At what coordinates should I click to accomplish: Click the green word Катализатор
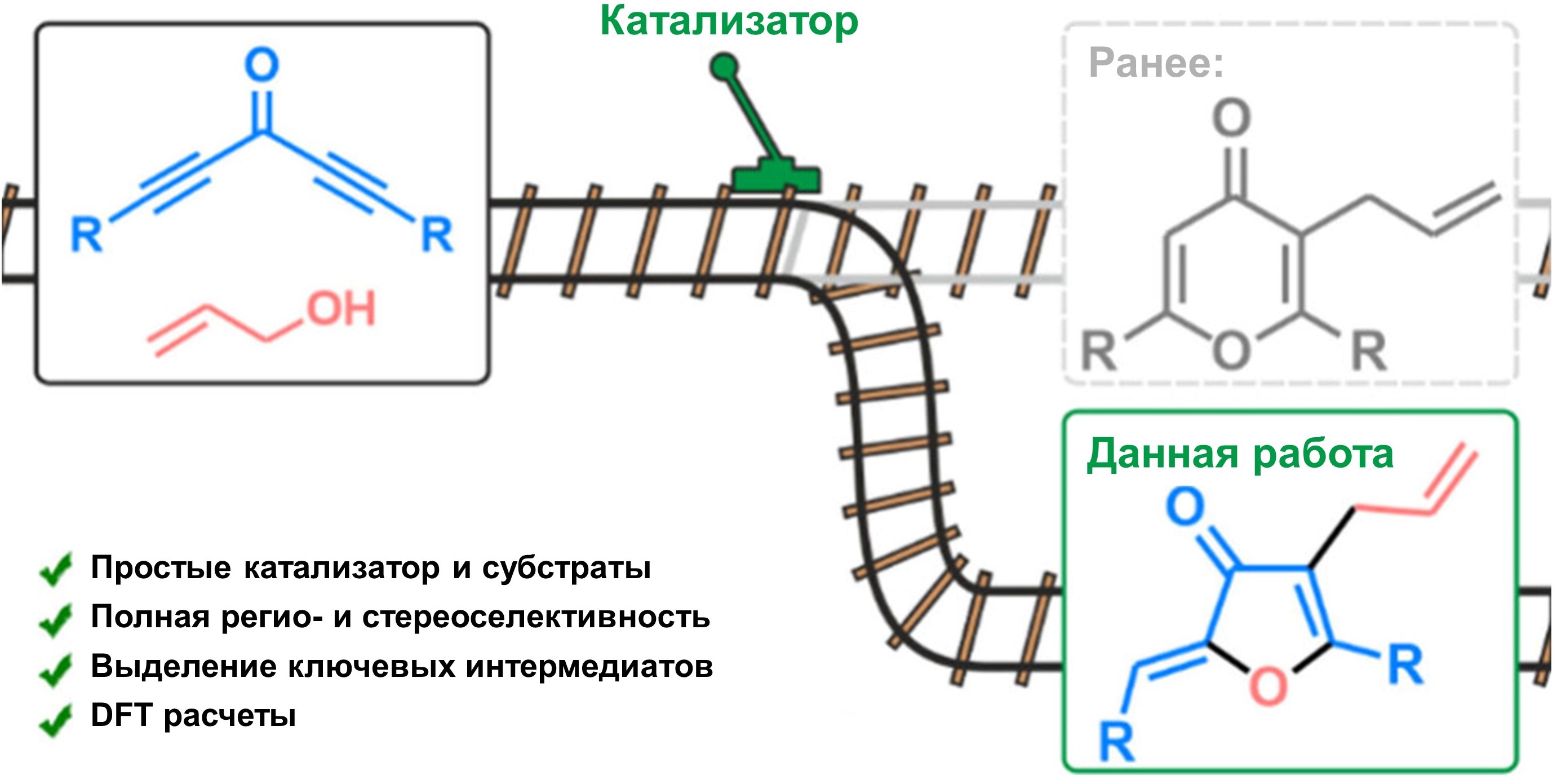point(729,22)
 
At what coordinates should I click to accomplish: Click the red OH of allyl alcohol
point(341,309)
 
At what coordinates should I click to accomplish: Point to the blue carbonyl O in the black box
point(261,64)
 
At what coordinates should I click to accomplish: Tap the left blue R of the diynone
point(86,235)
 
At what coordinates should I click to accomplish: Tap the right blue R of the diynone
point(437,235)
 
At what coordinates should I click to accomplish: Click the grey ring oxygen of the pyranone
point(1231,351)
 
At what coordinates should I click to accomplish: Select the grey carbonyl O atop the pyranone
point(1231,118)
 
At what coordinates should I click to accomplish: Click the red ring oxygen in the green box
point(1267,686)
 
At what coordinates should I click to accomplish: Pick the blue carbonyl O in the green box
point(1185,505)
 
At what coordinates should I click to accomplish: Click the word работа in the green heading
point(1323,455)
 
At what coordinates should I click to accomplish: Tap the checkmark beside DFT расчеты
point(56,719)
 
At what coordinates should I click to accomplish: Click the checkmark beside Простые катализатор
point(56,569)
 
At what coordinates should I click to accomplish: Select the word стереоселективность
point(536,618)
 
